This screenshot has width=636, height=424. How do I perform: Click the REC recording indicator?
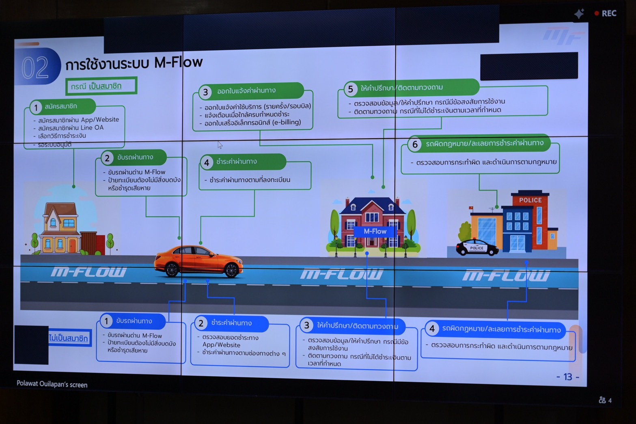[606, 13]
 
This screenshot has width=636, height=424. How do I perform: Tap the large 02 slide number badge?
[36, 67]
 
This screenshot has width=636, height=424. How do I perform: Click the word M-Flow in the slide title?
[179, 62]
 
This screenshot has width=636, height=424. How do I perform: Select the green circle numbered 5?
[350, 89]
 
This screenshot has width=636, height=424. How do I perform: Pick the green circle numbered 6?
[415, 144]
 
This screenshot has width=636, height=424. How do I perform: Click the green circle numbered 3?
[205, 92]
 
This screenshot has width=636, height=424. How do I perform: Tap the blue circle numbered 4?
[432, 329]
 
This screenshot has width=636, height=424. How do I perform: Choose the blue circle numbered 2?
[201, 323]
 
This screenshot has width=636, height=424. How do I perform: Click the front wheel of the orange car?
[231, 269]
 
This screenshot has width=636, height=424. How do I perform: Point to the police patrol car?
[477, 247]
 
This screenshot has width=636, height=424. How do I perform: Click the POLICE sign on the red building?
[530, 200]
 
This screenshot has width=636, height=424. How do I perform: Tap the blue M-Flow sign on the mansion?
[375, 231]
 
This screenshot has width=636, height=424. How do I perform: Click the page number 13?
[567, 377]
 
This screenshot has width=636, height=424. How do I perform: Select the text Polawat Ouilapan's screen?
[52, 384]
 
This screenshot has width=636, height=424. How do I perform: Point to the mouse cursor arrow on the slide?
[220, 144]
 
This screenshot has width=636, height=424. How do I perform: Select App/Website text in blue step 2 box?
[221, 345]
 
